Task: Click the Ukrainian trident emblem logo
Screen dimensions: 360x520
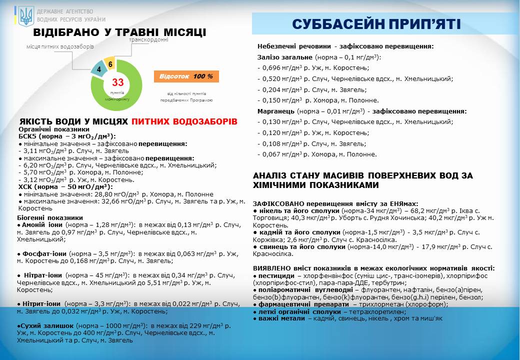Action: click(x=25, y=16)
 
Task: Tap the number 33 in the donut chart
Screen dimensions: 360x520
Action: click(x=117, y=82)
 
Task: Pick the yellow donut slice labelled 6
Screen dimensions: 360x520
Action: click(x=110, y=64)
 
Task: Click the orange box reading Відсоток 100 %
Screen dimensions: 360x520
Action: click(x=186, y=76)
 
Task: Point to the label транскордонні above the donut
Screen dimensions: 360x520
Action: click(x=148, y=40)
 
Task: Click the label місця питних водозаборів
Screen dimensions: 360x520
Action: click(x=60, y=46)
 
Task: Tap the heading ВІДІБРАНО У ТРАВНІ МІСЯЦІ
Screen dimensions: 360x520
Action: click(x=119, y=32)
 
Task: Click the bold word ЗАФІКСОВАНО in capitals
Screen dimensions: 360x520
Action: click(x=277, y=204)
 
